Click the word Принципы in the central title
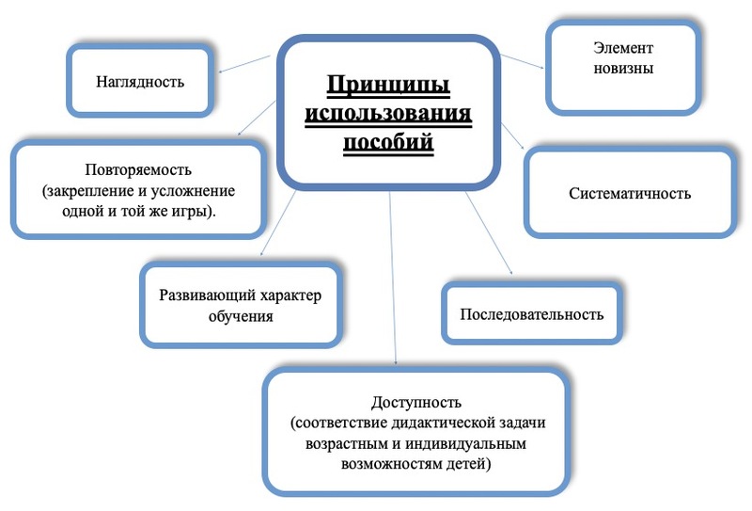388,85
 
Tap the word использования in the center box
388,113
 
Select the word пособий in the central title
388,142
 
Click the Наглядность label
140,82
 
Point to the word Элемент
623,48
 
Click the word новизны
623,68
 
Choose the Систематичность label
630,194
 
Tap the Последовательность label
531,314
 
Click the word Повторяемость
138,169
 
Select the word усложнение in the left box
194,191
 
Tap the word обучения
241,316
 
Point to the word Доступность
415,402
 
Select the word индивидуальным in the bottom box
465,444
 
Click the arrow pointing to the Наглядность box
244,64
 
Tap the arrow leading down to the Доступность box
393,278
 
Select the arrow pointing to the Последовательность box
489,233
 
